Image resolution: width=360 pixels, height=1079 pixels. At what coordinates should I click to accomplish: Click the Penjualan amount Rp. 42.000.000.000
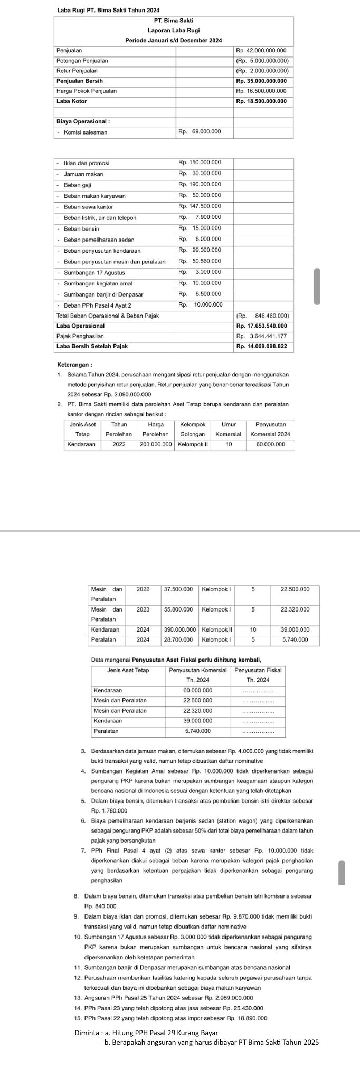click(263, 50)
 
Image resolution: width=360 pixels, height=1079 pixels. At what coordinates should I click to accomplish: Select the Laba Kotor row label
click(72, 101)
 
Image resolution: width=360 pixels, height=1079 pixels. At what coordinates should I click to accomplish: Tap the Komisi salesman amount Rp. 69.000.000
click(200, 131)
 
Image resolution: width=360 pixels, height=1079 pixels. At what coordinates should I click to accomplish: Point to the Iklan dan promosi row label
click(87, 163)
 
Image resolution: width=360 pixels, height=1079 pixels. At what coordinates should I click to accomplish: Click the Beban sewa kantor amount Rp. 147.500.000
click(200, 206)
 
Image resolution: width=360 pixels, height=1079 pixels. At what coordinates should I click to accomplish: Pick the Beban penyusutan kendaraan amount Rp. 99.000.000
click(200, 250)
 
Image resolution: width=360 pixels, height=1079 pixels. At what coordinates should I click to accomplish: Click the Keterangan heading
click(74, 364)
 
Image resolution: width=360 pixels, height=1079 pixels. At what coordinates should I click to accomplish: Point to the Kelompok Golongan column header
click(192, 429)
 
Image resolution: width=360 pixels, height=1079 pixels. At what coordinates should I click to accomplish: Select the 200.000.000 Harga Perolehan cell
click(156, 444)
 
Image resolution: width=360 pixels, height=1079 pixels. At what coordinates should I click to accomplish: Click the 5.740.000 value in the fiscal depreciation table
click(197, 731)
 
